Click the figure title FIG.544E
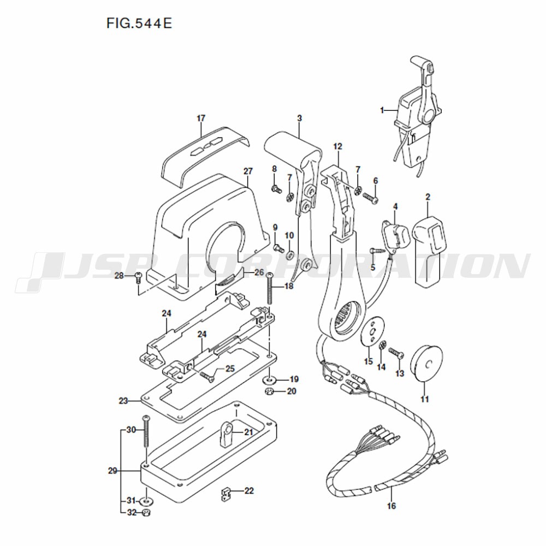coord(139,23)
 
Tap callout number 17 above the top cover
coord(201,118)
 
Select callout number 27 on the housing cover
coord(248,171)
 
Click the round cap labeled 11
coord(426,363)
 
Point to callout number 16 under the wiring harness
coord(391,505)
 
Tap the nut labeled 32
coord(146,513)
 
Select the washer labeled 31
coord(146,502)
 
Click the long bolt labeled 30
coord(146,431)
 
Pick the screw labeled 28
coord(138,278)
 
